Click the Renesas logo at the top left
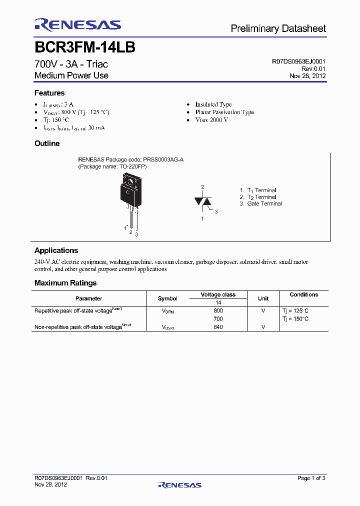click(x=77, y=25)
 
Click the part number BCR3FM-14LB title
click(x=84, y=48)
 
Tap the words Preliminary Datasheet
click(x=278, y=29)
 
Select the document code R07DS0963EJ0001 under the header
click(x=298, y=61)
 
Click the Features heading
click(x=49, y=93)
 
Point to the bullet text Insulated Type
click(x=213, y=104)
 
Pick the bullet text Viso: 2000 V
click(x=211, y=120)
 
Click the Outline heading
click(x=47, y=143)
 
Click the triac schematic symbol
click(x=203, y=201)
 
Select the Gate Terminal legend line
click(x=261, y=203)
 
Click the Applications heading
click(x=56, y=250)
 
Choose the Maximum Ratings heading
click(x=65, y=283)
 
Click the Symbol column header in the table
click(x=167, y=298)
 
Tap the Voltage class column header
click(x=218, y=294)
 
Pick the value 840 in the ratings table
click(x=218, y=327)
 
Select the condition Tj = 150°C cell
click(x=295, y=318)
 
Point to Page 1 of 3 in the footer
click(x=311, y=478)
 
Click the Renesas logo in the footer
click(x=179, y=484)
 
